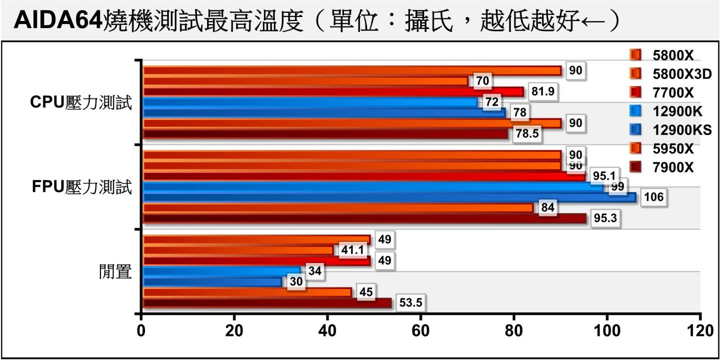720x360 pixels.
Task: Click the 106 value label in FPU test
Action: coord(653,197)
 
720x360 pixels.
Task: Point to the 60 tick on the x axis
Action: coord(420,331)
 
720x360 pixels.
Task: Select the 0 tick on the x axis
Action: coord(141,331)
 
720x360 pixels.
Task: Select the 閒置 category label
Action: coord(114,272)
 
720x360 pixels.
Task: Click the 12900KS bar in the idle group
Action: coord(212,282)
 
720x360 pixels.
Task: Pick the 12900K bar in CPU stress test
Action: coord(310,102)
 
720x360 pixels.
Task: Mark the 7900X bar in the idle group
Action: coord(267,303)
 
